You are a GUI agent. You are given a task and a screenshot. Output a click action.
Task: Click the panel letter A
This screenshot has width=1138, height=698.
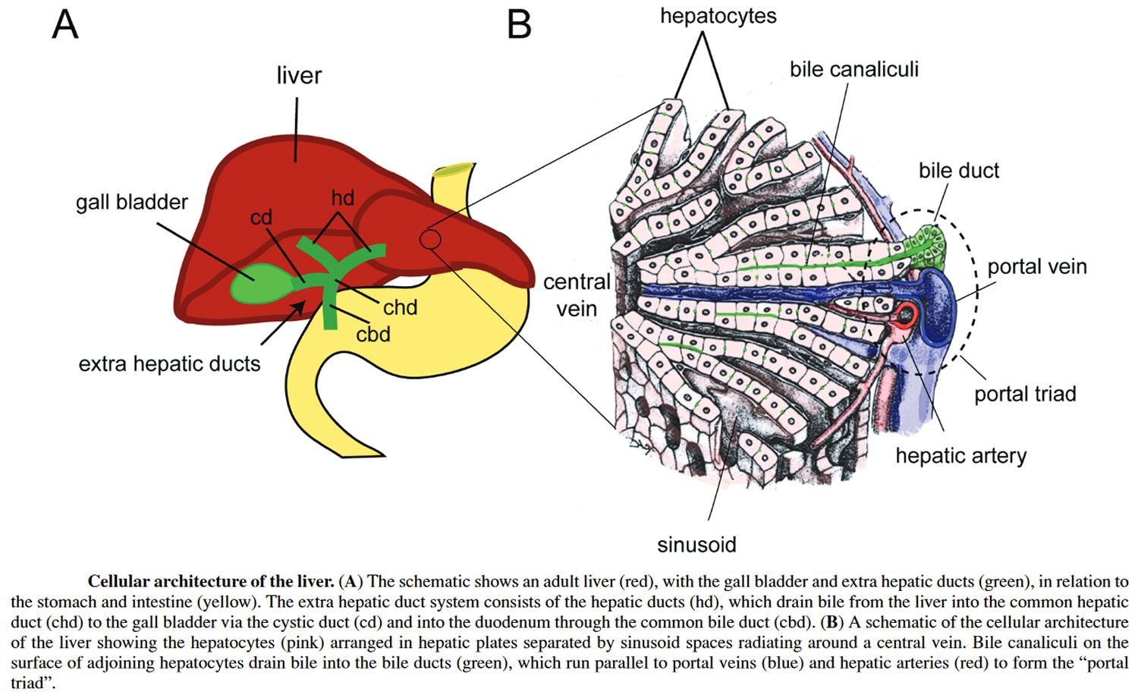pyautogui.click(x=65, y=24)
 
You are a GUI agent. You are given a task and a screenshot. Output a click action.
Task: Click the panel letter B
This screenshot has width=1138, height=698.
pyautogui.click(x=519, y=24)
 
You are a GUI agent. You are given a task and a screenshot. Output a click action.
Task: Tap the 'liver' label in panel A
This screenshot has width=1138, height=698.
pyautogui.click(x=299, y=75)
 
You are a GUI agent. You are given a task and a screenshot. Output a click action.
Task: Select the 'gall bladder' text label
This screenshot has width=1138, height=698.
pyautogui.click(x=131, y=202)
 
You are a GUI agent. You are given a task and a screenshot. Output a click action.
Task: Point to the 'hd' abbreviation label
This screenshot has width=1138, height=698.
pyautogui.click(x=343, y=198)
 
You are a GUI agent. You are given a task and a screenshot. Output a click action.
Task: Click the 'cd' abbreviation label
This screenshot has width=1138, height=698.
pyautogui.click(x=261, y=218)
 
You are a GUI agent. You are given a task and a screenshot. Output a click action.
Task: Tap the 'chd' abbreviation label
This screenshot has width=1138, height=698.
pyautogui.click(x=401, y=307)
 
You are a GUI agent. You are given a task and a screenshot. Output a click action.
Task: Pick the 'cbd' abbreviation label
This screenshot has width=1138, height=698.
pyautogui.click(x=373, y=335)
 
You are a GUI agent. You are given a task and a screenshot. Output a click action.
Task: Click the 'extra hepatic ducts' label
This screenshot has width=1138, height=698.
pyautogui.click(x=169, y=363)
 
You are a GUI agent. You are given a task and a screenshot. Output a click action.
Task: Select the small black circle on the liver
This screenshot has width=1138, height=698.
pyautogui.click(x=430, y=240)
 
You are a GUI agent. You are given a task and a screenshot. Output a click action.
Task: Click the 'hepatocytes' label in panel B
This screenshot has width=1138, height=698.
pyautogui.click(x=718, y=17)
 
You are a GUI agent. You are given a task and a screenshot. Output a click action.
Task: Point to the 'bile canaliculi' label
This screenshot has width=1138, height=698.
pyautogui.click(x=854, y=70)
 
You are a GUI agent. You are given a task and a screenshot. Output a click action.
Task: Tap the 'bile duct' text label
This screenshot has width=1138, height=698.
pyautogui.click(x=959, y=171)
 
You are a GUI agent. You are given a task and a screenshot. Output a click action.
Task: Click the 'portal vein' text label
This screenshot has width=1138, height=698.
pyautogui.click(x=1037, y=267)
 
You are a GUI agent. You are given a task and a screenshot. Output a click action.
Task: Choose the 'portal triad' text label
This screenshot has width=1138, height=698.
pyautogui.click(x=1025, y=395)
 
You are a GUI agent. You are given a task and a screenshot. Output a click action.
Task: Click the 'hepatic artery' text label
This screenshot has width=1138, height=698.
pyautogui.click(x=960, y=456)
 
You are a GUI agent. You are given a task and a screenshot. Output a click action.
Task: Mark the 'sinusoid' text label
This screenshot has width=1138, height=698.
pyautogui.click(x=696, y=545)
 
